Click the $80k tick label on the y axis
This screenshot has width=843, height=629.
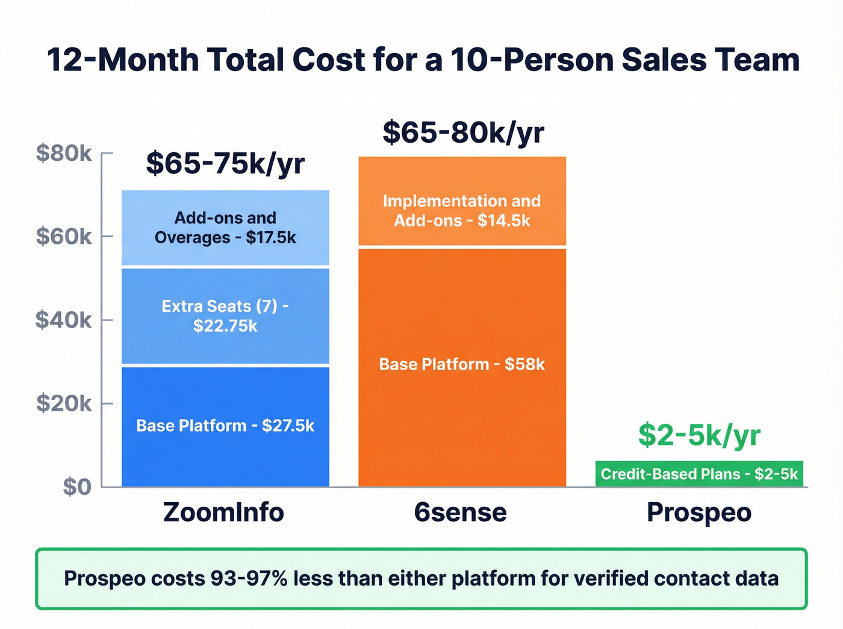point(64,153)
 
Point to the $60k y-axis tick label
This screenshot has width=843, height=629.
point(64,237)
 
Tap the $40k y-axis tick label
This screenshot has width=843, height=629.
point(64,320)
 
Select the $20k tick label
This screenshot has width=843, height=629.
point(64,403)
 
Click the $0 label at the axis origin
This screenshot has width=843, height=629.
point(77,486)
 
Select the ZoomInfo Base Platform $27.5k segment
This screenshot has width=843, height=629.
point(225,426)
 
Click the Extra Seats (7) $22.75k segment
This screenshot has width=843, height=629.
point(225,316)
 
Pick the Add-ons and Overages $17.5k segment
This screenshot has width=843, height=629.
point(225,228)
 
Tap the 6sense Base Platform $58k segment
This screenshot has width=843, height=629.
point(462,365)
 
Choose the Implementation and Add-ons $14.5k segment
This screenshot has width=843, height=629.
point(462,210)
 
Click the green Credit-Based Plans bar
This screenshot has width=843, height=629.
point(699,474)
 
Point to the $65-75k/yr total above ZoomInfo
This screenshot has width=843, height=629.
point(225,164)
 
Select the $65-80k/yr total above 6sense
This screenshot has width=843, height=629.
point(463,132)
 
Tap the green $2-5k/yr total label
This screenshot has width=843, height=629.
point(699,435)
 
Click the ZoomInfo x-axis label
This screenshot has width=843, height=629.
point(223,513)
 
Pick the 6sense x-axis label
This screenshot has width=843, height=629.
point(461,513)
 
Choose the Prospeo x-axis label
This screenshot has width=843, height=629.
point(699,513)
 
